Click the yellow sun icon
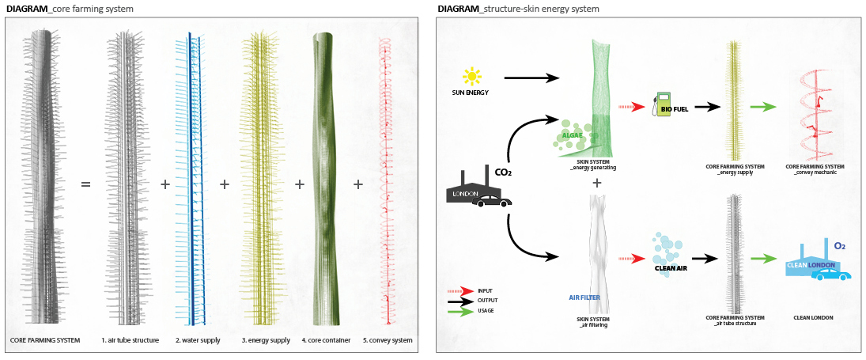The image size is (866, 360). click(x=472, y=77)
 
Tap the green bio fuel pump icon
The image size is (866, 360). click(x=658, y=105)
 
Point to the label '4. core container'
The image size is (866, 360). click(x=326, y=340)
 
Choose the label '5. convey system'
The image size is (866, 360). click(x=388, y=340)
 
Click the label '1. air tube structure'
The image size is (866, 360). click(x=130, y=340)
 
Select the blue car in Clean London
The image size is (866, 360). click(x=831, y=274)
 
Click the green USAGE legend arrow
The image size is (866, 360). click(x=460, y=311)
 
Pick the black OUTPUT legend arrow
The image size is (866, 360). click(x=460, y=301)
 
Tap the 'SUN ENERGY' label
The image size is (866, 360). click(x=471, y=93)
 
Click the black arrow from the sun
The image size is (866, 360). click(x=531, y=78)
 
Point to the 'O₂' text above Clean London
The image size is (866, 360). click(x=840, y=247)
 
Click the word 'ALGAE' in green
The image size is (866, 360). click(x=572, y=135)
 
